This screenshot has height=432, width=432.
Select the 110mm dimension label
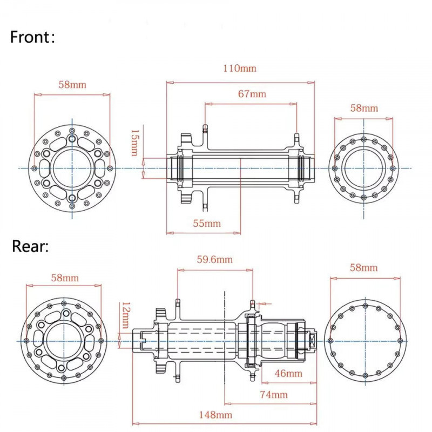click(240, 69)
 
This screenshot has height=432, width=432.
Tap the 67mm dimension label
click(252, 93)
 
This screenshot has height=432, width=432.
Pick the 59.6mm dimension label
click(214, 259)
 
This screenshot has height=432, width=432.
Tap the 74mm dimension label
click(274, 395)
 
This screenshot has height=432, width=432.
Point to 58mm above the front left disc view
click(72, 85)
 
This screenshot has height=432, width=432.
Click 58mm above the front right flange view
click(364, 107)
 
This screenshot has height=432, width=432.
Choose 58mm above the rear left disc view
click(65, 278)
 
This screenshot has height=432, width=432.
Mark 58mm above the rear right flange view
click(364, 267)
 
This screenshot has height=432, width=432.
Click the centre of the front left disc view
click(72, 168)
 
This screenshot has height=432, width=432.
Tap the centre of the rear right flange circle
click(365, 341)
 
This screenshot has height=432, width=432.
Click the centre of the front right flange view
click(364, 168)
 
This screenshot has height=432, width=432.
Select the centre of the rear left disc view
click(65, 341)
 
